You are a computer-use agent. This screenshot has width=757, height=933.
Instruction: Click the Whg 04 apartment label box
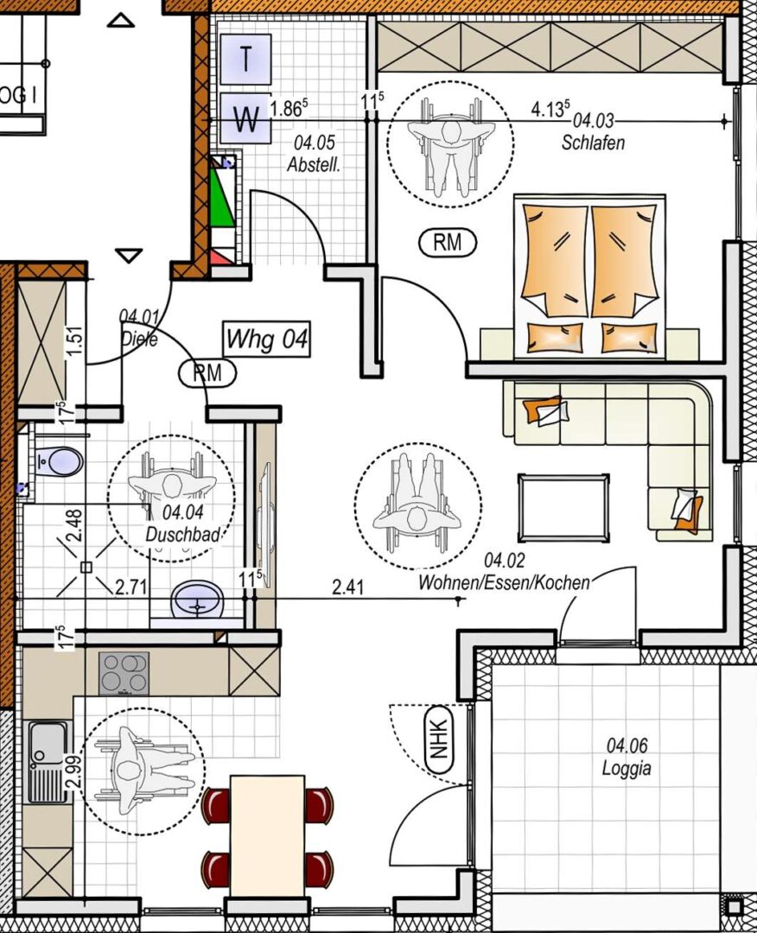tap(267, 340)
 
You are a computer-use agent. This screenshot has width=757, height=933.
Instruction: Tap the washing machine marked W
tap(245, 118)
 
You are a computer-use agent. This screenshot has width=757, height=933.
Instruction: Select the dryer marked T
tap(245, 59)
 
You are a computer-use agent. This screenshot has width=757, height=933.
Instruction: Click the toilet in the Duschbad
tap(59, 461)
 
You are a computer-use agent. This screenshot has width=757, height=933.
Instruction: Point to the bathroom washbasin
tap(197, 600)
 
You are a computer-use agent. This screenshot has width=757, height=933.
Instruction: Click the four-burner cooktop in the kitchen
tap(124, 674)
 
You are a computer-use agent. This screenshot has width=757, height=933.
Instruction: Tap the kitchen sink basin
tap(48, 742)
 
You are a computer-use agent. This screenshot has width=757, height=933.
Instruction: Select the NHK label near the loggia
tap(439, 739)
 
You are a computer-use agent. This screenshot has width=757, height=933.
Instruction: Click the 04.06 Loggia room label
tap(627, 756)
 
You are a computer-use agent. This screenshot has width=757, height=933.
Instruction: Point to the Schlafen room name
tap(593, 143)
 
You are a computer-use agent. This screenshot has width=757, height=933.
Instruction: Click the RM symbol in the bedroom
tap(448, 242)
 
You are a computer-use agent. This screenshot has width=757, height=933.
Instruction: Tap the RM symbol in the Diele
tap(207, 373)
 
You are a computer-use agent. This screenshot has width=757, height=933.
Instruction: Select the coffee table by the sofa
tap(563, 508)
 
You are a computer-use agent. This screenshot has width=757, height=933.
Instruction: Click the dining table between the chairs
tap(267, 835)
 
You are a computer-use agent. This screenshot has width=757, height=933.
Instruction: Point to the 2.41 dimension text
tap(347, 588)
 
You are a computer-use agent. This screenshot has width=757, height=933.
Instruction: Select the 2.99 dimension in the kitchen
tap(74, 771)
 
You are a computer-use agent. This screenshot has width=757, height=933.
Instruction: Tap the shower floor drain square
tap(86, 567)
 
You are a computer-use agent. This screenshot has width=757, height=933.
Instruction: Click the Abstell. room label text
tap(314, 165)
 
